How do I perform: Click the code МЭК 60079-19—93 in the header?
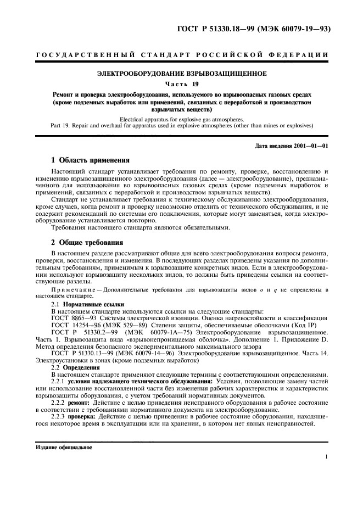pyautogui.click(x=294, y=29)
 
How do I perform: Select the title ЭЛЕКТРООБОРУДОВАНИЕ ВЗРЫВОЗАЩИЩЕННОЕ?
pyautogui.click(x=181, y=74)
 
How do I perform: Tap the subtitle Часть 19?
pyautogui.click(x=181, y=84)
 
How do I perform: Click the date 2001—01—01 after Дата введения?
pyautogui.click(x=311, y=146)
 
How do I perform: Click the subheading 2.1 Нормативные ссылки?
pyautogui.click(x=80, y=304)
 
